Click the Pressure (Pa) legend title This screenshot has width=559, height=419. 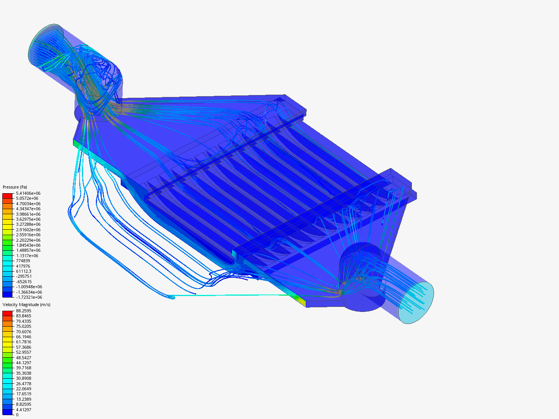(15, 187)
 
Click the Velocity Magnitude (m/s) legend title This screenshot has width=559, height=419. (26, 305)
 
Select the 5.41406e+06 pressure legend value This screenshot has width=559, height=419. (28, 193)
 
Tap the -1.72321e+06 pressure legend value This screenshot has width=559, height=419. (29, 297)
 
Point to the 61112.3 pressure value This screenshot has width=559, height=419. (24, 271)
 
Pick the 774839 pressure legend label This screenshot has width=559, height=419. (23, 261)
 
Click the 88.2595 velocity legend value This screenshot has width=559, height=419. (24, 311)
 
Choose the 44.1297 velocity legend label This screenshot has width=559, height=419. (24, 363)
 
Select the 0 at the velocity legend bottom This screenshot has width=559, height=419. (17, 415)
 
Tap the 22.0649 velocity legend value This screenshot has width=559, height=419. (24, 389)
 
